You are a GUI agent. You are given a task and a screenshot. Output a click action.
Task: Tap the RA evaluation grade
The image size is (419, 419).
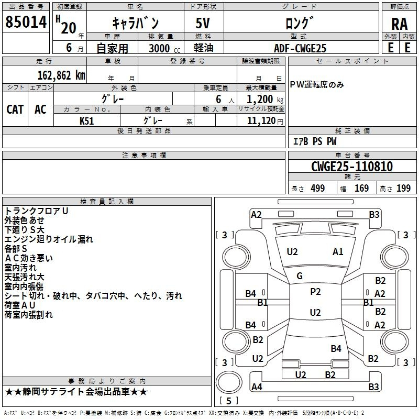[x=399, y=24]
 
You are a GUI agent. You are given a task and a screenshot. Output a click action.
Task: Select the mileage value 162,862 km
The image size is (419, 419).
[x=62, y=75]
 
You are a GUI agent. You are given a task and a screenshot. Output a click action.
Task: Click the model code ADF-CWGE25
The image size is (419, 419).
[x=300, y=48]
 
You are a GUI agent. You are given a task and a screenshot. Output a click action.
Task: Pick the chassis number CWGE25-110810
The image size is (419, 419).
[x=352, y=167]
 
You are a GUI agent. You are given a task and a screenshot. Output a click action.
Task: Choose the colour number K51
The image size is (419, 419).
[x=87, y=120]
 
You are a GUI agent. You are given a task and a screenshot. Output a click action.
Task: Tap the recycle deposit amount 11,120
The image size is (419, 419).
[x=261, y=120]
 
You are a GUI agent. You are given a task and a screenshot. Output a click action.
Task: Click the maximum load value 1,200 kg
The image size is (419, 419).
[x=261, y=99]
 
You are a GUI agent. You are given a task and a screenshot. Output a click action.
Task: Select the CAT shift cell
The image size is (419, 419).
[x=15, y=109]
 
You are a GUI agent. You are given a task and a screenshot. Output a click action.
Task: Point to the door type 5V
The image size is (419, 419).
[x=204, y=25]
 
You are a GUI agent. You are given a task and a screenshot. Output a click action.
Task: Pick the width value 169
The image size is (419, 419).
[x=362, y=189]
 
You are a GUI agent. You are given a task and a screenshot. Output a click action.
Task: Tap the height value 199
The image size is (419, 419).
[x=404, y=189]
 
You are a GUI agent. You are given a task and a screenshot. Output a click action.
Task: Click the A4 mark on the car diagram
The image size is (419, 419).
[x=257, y=387]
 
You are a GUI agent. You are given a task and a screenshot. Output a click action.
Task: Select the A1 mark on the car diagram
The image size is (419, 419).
[x=338, y=252]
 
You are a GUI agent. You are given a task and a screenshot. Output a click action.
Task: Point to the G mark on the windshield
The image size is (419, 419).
[x=300, y=275]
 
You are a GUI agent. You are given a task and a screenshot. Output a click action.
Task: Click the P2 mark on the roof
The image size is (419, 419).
[x=315, y=292]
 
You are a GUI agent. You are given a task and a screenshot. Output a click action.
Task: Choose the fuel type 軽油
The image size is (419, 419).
[x=204, y=48]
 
